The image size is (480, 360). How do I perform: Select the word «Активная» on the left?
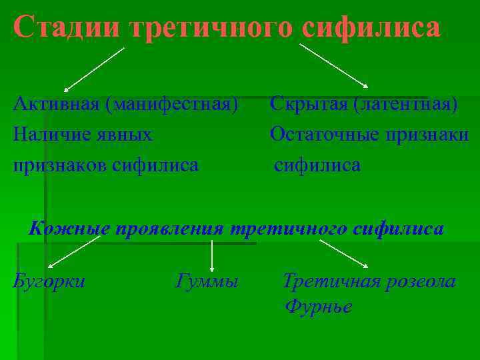pyautogui.click(x=55, y=105)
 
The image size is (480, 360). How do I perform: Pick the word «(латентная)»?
pyautogui.click(x=405, y=105)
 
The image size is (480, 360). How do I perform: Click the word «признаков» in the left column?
pyautogui.click(x=57, y=165)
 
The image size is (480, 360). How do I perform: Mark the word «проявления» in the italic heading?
pyautogui.click(x=169, y=229)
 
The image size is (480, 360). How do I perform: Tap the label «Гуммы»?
pyautogui.click(x=207, y=282)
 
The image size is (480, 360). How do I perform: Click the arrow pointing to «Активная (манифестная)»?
pyautogui.click(x=93, y=69)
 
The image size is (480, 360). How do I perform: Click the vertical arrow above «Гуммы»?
pyautogui.click(x=212, y=255)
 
